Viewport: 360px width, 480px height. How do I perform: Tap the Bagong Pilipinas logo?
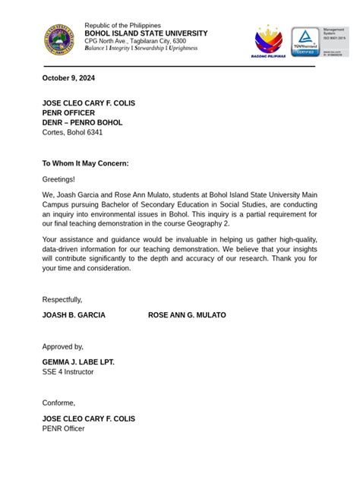tap(267, 42)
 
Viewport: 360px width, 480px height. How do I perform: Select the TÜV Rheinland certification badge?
tap(305, 42)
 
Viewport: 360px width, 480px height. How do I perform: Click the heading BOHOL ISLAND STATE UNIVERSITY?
tap(145, 33)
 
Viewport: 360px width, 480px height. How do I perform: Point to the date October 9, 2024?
tap(68, 78)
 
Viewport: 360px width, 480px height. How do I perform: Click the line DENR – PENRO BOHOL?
tap(82, 122)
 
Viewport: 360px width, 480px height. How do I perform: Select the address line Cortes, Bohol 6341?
tap(72, 132)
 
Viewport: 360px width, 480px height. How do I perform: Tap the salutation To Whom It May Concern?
tap(85, 163)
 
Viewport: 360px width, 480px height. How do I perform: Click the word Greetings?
tap(58, 179)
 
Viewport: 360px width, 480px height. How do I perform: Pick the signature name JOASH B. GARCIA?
tap(74, 314)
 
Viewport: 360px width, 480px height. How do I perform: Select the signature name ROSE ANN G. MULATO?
tap(187, 314)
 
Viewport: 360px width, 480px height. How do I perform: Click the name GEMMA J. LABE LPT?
tap(78, 362)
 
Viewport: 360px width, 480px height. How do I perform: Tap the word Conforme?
tap(58, 403)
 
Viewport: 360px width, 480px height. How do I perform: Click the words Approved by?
tap(63, 346)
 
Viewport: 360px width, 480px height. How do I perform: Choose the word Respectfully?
tap(62, 299)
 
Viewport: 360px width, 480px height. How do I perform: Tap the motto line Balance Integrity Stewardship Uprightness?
tap(141, 48)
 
